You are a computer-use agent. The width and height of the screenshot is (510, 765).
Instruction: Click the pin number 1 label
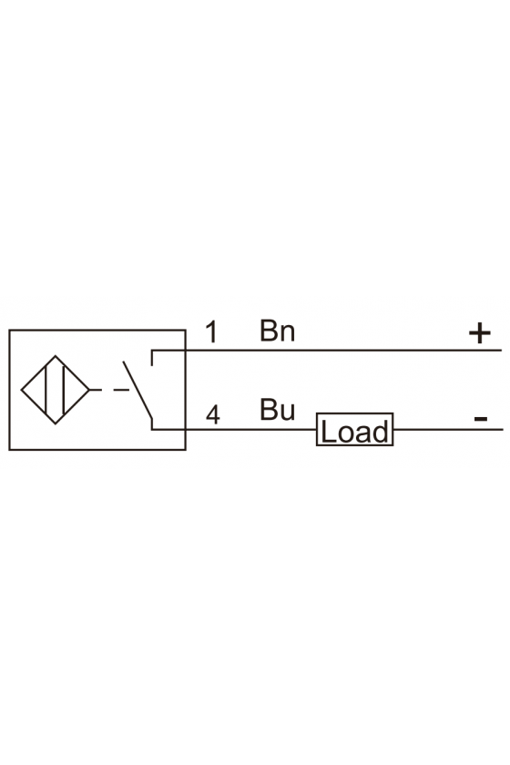point(211,332)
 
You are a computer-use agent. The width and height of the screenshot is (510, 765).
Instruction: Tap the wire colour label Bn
point(277,331)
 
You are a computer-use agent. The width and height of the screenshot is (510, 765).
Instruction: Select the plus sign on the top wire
point(479,333)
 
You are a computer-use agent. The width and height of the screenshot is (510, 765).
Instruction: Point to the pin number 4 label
point(213,415)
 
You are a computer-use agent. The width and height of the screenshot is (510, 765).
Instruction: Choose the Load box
point(355,429)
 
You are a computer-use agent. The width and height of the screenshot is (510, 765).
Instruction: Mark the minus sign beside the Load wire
point(481,418)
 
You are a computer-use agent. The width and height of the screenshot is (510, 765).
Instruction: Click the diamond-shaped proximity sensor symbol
point(56,390)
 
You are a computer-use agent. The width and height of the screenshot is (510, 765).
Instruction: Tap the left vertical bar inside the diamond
point(46,390)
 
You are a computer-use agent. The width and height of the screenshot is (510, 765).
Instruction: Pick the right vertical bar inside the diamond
point(64,390)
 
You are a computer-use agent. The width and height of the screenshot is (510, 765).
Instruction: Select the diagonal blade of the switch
point(138,391)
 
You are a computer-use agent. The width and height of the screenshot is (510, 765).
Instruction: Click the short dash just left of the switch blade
point(121,390)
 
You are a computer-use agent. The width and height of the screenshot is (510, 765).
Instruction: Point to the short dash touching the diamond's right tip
point(96,390)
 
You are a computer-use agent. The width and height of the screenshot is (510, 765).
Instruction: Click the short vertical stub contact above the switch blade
point(152,358)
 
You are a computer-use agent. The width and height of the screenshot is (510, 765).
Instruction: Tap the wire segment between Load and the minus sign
point(448,429)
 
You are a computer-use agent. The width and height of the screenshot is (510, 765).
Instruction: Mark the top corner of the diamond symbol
point(56,356)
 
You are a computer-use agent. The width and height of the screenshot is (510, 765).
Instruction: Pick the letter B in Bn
point(269,331)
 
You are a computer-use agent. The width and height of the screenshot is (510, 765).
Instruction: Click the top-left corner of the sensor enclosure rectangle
point(9,331)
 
